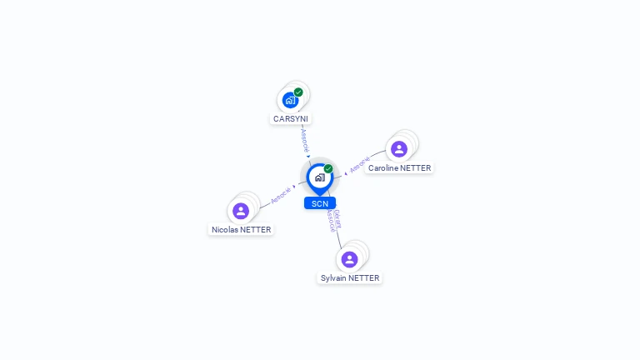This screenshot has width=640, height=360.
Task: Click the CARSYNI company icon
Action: (x=290, y=100)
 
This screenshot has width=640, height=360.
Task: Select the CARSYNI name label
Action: (x=291, y=119)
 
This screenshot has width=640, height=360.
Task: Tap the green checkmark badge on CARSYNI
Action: (x=298, y=92)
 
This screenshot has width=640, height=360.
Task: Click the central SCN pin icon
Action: (x=319, y=177)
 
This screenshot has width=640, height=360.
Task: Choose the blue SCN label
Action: (x=319, y=203)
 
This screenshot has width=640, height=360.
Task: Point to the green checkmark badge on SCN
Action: (x=328, y=168)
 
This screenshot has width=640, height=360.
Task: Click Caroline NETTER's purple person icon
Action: (x=399, y=149)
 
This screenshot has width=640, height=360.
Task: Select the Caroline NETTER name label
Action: (x=400, y=168)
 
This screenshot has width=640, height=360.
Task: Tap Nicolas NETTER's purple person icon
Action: (x=241, y=211)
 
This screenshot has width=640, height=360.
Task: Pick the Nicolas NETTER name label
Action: (x=242, y=230)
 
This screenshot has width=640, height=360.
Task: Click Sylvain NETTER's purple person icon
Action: (x=350, y=259)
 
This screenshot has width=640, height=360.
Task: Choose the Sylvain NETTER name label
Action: (x=350, y=278)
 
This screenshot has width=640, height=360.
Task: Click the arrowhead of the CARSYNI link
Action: (x=308, y=156)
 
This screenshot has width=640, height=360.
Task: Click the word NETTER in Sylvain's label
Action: (x=364, y=278)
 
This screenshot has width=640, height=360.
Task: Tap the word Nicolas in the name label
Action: (x=224, y=230)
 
